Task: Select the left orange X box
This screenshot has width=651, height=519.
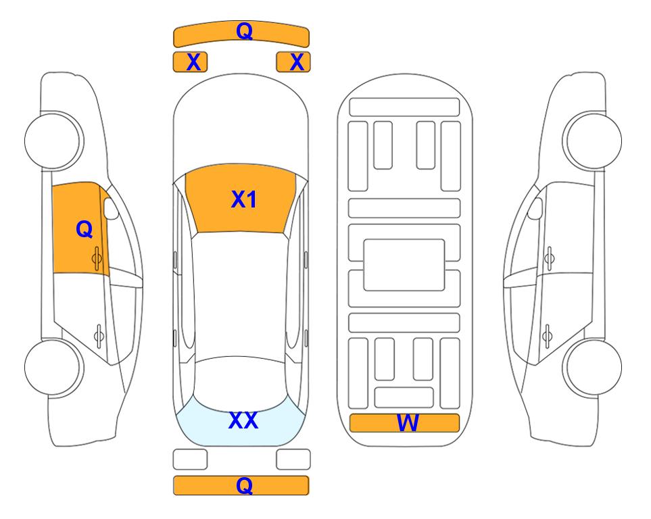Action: coord(190,62)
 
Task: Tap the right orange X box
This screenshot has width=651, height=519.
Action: coord(293,62)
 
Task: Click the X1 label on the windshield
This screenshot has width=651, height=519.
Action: coord(244,199)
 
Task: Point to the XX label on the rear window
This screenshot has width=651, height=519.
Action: coord(243,420)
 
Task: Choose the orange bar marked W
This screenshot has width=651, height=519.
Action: coord(404,422)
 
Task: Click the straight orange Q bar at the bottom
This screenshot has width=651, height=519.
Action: coord(241,485)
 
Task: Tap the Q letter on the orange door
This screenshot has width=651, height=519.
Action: coord(85,229)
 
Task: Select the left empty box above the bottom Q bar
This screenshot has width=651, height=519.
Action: coord(190,460)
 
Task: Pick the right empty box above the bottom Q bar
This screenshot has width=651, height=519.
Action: coord(293,460)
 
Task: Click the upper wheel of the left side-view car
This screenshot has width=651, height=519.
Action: coord(54,141)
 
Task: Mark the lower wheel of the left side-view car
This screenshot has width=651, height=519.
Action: coord(54,367)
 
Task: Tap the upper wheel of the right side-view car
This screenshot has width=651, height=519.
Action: coord(592,141)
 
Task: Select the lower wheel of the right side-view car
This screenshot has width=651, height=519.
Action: coord(592,367)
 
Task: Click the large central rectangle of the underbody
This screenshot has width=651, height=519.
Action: coord(404,265)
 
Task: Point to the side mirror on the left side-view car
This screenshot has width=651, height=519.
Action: coord(111,208)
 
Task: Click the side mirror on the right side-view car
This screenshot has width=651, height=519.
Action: coord(535,208)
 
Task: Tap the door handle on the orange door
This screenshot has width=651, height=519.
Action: coord(97,259)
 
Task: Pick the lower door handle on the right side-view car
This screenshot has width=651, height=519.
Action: coord(547,336)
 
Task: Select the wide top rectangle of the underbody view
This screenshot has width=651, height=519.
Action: coord(404,107)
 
